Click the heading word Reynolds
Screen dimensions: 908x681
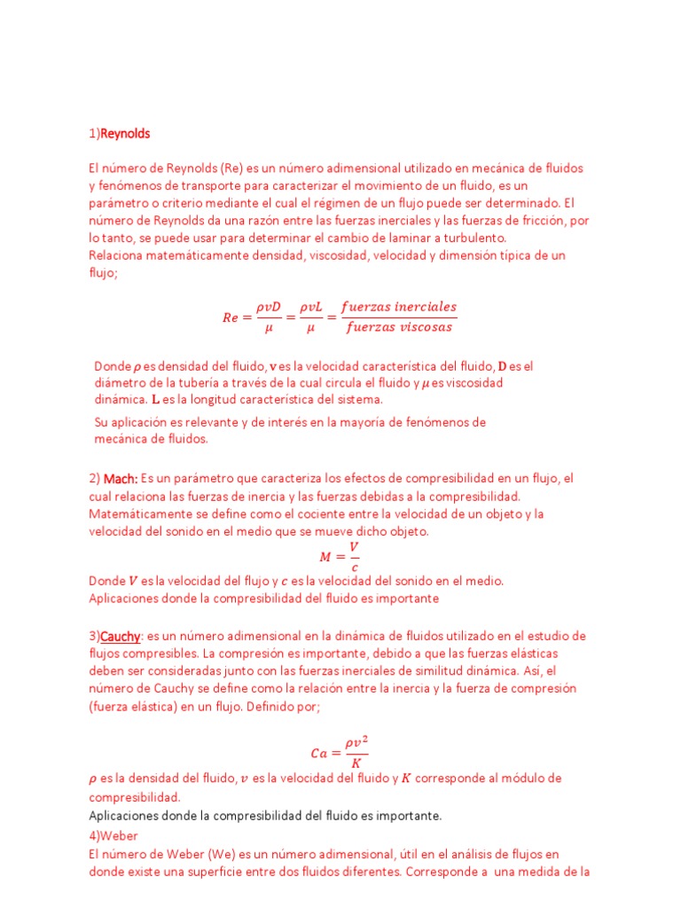pyautogui.click(x=125, y=134)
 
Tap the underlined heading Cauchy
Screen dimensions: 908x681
pyautogui.click(x=122, y=636)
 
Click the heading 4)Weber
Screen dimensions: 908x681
pyautogui.click(x=113, y=834)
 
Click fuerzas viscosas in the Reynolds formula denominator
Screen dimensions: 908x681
pyautogui.click(x=400, y=327)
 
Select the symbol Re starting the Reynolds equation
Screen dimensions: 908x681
pyautogui.click(x=231, y=317)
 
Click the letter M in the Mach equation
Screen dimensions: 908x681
pyautogui.click(x=325, y=557)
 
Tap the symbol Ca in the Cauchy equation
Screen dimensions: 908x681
pyautogui.click(x=319, y=753)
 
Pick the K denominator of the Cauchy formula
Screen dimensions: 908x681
pyautogui.click(x=356, y=763)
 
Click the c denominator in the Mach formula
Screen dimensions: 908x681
pyautogui.click(x=355, y=567)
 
